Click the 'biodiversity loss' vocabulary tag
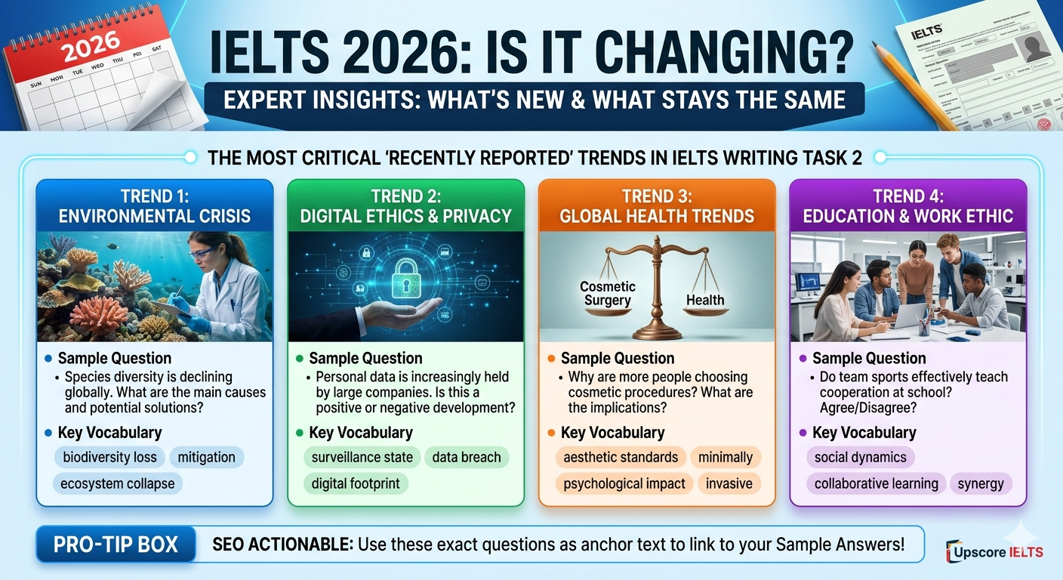[110, 457]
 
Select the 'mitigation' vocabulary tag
[207, 457]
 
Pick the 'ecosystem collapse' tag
[119, 483]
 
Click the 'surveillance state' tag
[362, 457]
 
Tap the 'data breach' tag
[466, 457]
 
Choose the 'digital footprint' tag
[356, 483]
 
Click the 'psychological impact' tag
[624, 483]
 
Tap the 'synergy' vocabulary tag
[981, 483]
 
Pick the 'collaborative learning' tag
[876, 483]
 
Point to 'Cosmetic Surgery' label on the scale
[608, 293]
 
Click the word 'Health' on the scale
[704, 300]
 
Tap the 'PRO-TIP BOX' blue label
[116, 545]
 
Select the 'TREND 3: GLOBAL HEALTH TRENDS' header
[656, 206]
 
